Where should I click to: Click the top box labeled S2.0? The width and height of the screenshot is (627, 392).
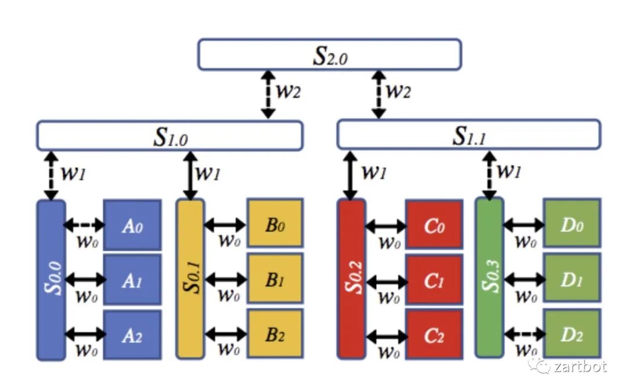(330, 55)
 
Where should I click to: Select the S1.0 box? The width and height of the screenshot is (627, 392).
(170, 136)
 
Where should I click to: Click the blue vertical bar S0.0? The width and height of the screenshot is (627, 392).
(51, 280)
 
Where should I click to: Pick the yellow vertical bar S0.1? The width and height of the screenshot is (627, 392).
(190, 280)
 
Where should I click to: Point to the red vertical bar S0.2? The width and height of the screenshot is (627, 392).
(351, 280)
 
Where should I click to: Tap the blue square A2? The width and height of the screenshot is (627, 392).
(132, 335)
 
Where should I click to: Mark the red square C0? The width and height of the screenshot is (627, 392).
(434, 224)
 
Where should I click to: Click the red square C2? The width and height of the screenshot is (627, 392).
(434, 335)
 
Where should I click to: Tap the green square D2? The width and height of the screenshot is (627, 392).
(571, 334)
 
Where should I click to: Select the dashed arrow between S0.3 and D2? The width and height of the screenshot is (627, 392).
(523, 333)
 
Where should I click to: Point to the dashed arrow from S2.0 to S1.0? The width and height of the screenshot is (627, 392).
(268, 95)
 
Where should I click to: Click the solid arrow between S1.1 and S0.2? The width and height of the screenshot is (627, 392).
(350, 175)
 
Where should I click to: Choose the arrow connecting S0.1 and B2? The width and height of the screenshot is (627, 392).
(226, 335)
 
